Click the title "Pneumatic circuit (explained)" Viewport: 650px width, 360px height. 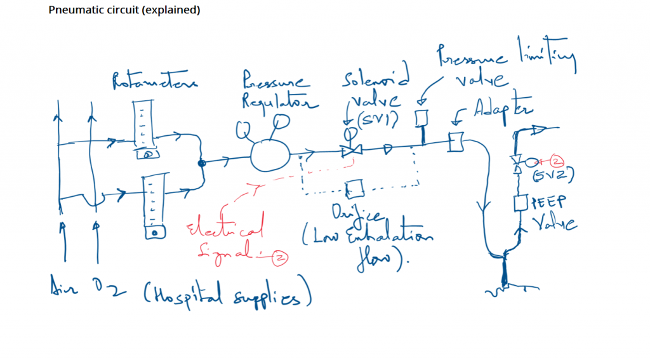tap(124, 11)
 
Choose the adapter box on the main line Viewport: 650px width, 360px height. tap(455, 143)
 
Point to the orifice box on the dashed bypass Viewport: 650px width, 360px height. tap(354, 189)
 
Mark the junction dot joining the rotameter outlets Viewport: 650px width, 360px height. tap(202, 163)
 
